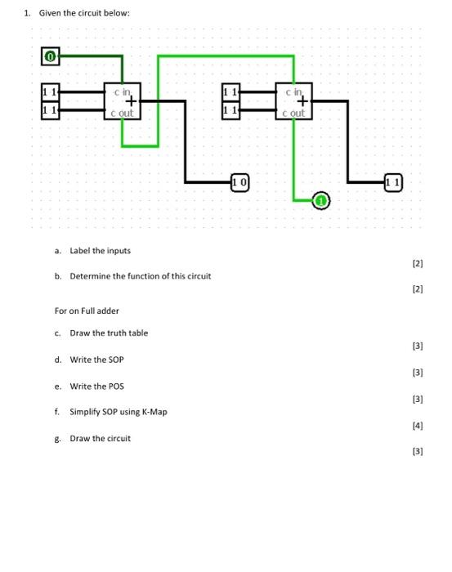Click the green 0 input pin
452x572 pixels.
(x=49, y=57)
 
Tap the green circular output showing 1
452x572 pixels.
(x=321, y=200)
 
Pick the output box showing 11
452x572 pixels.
(x=392, y=181)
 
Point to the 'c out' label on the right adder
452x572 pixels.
(x=292, y=113)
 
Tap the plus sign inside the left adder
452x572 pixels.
(x=129, y=101)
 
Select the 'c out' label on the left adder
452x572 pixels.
(x=121, y=113)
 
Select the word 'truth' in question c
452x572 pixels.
(x=105, y=333)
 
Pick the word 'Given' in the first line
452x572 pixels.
(x=46, y=13)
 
